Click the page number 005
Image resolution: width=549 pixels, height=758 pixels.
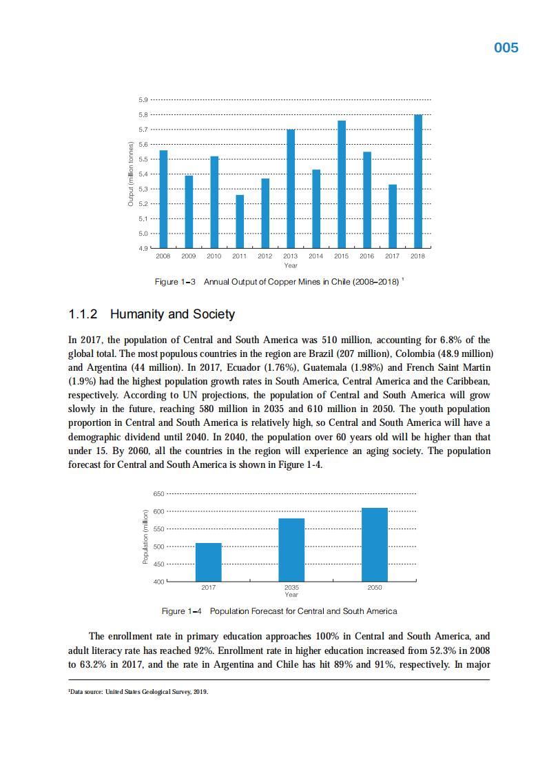(506, 48)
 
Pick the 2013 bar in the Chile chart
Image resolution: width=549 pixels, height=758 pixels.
(291, 189)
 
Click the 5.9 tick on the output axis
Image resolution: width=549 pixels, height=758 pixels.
(143, 100)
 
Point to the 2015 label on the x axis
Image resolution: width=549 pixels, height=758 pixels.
(341, 256)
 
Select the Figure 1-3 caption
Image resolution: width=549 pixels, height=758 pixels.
(278, 283)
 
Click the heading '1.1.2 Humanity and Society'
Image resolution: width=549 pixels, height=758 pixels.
(152, 315)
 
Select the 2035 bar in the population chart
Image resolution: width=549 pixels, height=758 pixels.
(291, 550)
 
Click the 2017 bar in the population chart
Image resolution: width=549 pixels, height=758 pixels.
(208, 562)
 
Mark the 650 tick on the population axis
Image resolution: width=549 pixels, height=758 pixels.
(158, 494)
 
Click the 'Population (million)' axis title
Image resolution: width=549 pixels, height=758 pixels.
(145, 537)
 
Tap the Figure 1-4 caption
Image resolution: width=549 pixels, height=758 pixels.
(279, 611)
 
